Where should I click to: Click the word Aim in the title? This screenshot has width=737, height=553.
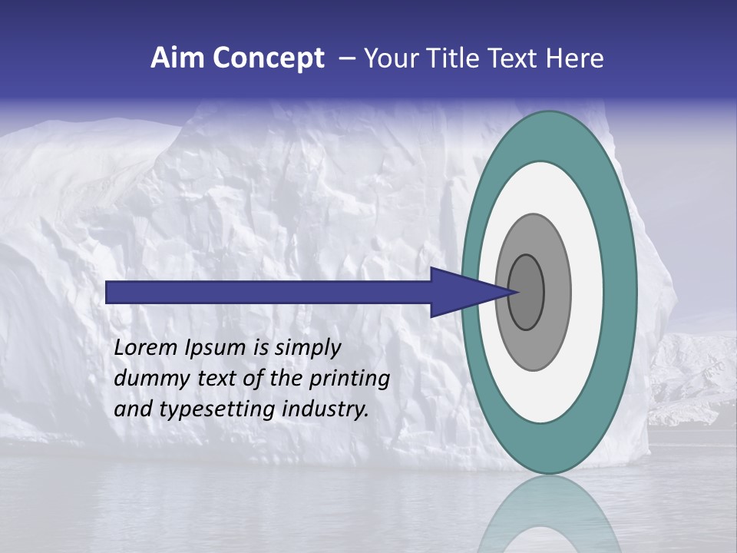pyautogui.click(x=178, y=59)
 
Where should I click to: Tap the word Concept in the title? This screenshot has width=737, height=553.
pyautogui.click(x=269, y=59)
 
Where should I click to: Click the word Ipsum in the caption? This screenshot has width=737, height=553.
pyautogui.click(x=217, y=349)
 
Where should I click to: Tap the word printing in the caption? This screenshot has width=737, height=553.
pyautogui.click(x=349, y=379)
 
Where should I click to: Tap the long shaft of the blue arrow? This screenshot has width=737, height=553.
pyautogui.click(x=269, y=292)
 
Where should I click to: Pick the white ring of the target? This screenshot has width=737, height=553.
pyautogui.click(x=587, y=292)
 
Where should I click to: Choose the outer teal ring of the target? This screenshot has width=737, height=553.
pyautogui.click(x=622, y=292)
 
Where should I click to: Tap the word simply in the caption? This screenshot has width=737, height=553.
pyautogui.click(x=307, y=349)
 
